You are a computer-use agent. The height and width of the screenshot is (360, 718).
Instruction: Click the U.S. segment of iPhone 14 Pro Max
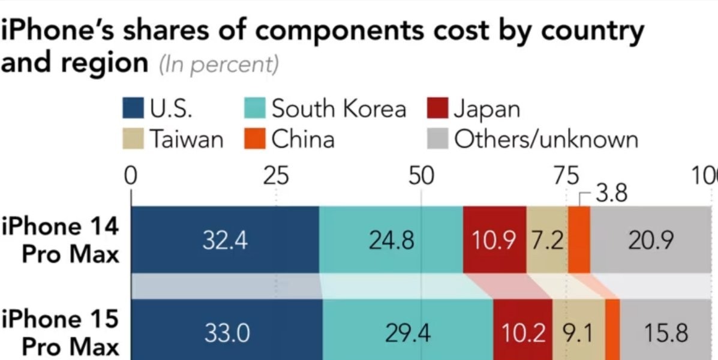pyautogui.click(x=225, y=239)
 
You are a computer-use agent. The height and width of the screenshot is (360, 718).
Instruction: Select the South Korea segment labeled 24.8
pyautogui.click(x=391, y=239)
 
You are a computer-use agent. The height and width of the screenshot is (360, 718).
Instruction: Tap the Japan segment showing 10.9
pyautogui.click(x=494, y=239)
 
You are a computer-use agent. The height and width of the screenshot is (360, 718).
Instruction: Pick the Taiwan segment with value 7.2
pyautogui.click(x=546, y=239)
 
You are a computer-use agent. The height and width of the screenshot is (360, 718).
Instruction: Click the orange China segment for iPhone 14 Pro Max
pyautogui.click(x=579, y=239)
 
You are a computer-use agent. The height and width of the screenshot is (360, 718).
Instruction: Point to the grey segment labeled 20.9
pyautogui.click(x=651, y=239)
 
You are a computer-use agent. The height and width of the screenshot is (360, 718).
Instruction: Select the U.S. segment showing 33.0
pyautogui.click(x=227, y=332)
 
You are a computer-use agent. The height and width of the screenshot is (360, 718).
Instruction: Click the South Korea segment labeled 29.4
pyautogui.click(x=408, y=332)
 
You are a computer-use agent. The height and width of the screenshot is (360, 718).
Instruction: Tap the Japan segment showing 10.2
pyautogui.click(x=522, y=332)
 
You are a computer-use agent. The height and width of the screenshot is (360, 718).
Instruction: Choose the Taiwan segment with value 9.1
pyautogui.click(x=578, y=332)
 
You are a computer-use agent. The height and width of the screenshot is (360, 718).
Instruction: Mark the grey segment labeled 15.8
pyautogui.click(x=666, y=332)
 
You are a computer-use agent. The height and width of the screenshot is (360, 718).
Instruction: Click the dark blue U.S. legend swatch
pyautogui.click(x=133, y=109)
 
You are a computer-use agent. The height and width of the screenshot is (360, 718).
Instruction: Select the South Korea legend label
pyautogui.click(x=338, y=109)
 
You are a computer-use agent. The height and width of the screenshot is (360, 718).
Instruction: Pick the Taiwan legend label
pyautogui.click(x=185, y=139)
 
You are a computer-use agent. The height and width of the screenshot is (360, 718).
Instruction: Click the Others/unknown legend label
pyautogui.click(x=546, y=139)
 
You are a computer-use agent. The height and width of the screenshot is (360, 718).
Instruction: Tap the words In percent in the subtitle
pyautogui.click(x=219, y=64)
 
